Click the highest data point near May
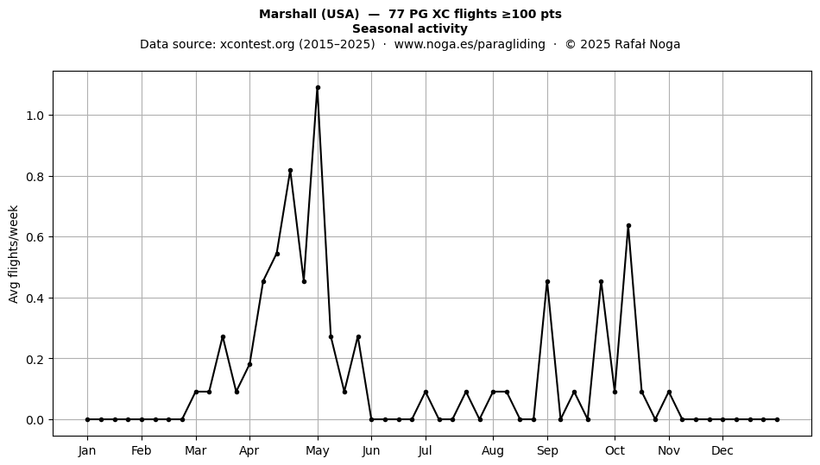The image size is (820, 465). pos(318,88)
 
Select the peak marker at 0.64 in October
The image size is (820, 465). pos(628,226)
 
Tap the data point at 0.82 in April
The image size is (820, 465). pos(290,170)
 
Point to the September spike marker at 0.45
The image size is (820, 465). pos(547,281)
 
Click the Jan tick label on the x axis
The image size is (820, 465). pos(87,450)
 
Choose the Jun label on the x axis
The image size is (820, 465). pos(371,450)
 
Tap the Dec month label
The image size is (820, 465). pos(722,450)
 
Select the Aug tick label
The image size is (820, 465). pos(493,451)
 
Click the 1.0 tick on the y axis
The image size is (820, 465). pos(35,116)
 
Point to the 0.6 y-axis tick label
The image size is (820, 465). pos(35,237)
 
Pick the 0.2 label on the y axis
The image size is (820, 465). pos(35,359)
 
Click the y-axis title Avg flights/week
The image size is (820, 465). pos(14,254)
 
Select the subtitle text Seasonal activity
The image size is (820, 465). pos(410,28)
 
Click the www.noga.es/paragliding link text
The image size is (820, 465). pos(470,44)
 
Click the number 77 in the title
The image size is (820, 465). pos(395,14)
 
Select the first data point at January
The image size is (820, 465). pos(87,419)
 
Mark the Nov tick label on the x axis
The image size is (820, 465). pos(669,450)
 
